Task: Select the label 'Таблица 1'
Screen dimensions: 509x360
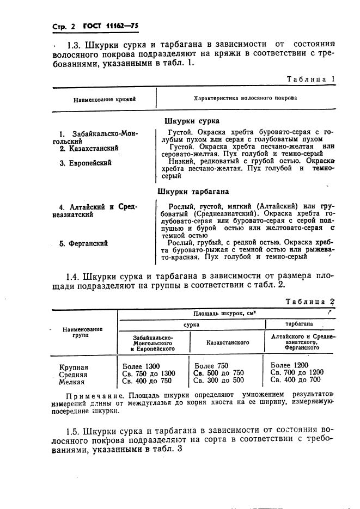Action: pyautogui.click(x=310, y=79)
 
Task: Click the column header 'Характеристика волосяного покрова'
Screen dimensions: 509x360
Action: pyautogui.click(x=245, y=99)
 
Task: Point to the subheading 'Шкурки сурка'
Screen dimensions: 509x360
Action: pyautogui.click(x=192, y=121)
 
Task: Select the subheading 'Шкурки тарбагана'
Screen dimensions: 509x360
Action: pyautogui.click(x=193, y=191)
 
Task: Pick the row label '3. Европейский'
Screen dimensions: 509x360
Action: pyautogui.click(x=86, y=162)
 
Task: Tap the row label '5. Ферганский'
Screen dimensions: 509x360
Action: pyautogui.click(x=84, y=243)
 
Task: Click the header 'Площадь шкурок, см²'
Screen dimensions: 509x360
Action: pyautogui.click(x=224, y=314)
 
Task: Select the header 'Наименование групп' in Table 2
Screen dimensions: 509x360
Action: pyautogui.click(x=83, y=333)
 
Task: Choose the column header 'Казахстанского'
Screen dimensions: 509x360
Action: pyautogui.click(x=228, y=342)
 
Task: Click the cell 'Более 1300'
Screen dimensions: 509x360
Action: pyautogui.click(x=142, y=366)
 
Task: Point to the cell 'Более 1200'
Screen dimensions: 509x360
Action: pyautogui.click(x=289, y=365)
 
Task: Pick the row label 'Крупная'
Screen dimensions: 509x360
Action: pyautogui.click(x=74, y=367)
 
